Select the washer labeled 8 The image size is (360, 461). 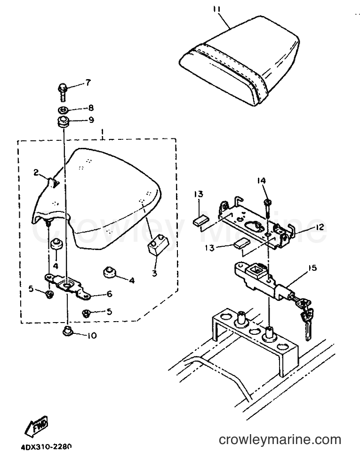[x=63, y=110]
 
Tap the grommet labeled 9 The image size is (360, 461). [x=62, y=121]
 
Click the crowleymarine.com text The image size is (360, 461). [x=280, y=439]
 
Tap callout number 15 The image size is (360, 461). [x=312, y=268]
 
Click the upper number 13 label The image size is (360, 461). [x=199, y=194]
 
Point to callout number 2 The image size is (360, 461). [x=36, y=173]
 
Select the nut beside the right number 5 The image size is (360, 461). [x=86, y=314]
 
